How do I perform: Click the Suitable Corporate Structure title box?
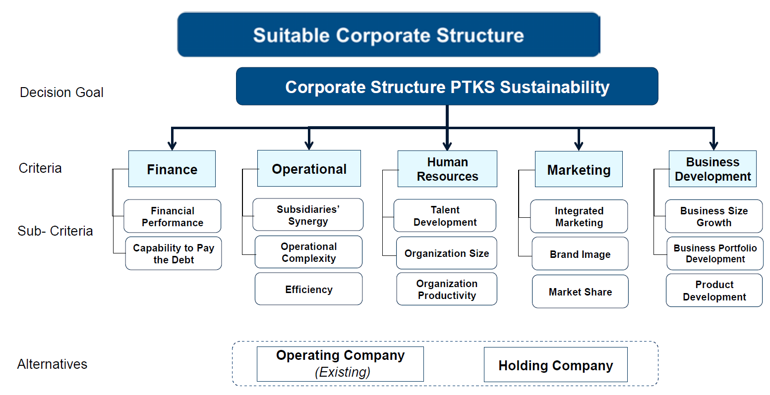[x=389, y=35]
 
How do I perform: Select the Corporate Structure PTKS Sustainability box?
[x=447, y=86]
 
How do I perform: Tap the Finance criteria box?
[x=172, y=169]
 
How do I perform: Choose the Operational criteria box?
[x=309, y=168]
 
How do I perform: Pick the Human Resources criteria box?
[x=447, y=169]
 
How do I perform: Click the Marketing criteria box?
[x=579, y=169]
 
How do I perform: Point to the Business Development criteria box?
[x=712, y=169]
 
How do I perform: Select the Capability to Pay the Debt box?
[x=174, y=253]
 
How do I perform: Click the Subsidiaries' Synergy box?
[x=308, y=214]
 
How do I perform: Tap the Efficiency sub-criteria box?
[x=309, y=289]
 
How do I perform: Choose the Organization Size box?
[x=447, y=253]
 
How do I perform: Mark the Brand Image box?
[x=580, y=253]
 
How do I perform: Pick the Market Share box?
[x=580, y=292]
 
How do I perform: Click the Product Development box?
[x=714, y=291]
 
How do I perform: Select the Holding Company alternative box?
[x=555, y=364]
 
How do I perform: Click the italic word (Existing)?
[x=343, y=372]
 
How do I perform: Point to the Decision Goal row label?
[x=61, y=93]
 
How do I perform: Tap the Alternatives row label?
[x=52, y=364]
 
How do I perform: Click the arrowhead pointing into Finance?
[x=172, y=145]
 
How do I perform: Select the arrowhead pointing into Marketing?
[x=579, y=146]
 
